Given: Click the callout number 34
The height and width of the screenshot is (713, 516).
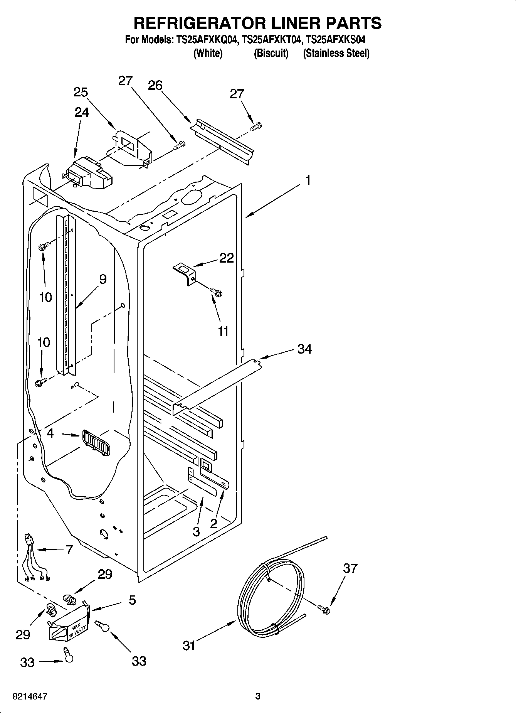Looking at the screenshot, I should click(304, 349).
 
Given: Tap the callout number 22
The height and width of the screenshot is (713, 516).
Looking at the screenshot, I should click(227, 258).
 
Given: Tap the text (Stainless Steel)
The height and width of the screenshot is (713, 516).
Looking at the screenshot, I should click(336, 53).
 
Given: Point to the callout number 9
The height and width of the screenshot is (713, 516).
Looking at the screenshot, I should click(103, 279).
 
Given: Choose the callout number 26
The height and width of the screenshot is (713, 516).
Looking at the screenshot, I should click(155, 85).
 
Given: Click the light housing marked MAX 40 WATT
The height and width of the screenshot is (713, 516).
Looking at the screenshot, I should click(69, 623).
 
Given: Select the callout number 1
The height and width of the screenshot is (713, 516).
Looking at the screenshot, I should click(308, 180).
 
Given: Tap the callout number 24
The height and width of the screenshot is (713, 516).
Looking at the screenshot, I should click(82, 112).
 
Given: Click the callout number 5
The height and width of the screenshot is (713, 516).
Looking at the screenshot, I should click(132, 600).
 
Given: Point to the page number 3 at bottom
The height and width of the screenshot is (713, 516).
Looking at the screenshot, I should click(258, 696).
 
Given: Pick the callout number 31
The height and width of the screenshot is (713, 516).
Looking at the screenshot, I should click(189, 646).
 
